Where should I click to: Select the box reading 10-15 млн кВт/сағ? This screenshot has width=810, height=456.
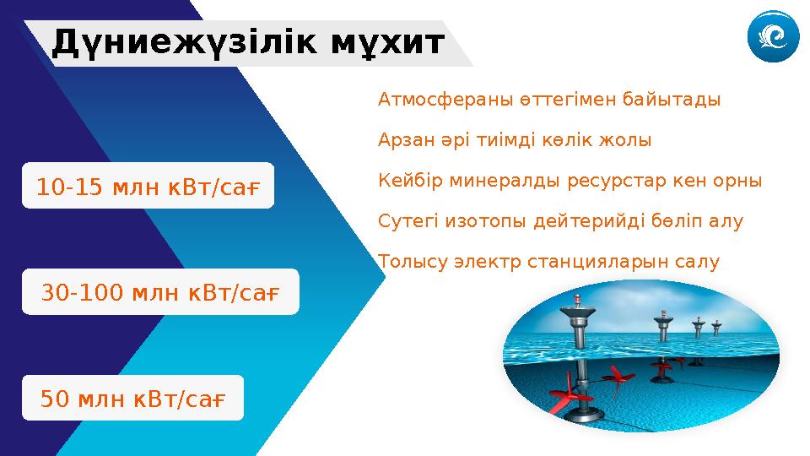148,187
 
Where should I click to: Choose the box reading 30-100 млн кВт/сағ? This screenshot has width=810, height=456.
160,292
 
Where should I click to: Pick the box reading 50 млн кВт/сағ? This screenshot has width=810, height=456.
132,398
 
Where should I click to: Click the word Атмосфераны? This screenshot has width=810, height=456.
431,100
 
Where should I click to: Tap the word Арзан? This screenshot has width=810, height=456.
402,140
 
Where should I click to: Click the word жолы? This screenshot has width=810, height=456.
630,140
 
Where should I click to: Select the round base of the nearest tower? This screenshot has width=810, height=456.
582,413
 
